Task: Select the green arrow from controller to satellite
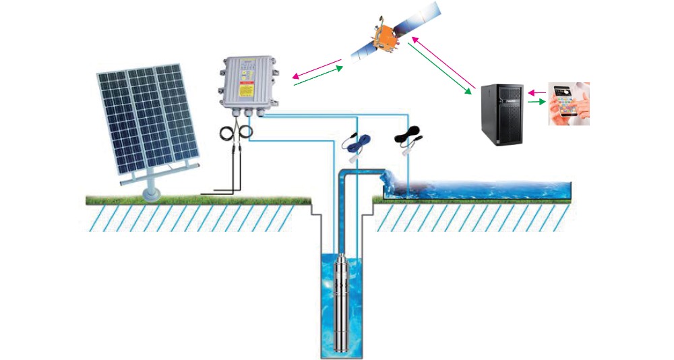point(320,76)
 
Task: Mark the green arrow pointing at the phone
point(536,102)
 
